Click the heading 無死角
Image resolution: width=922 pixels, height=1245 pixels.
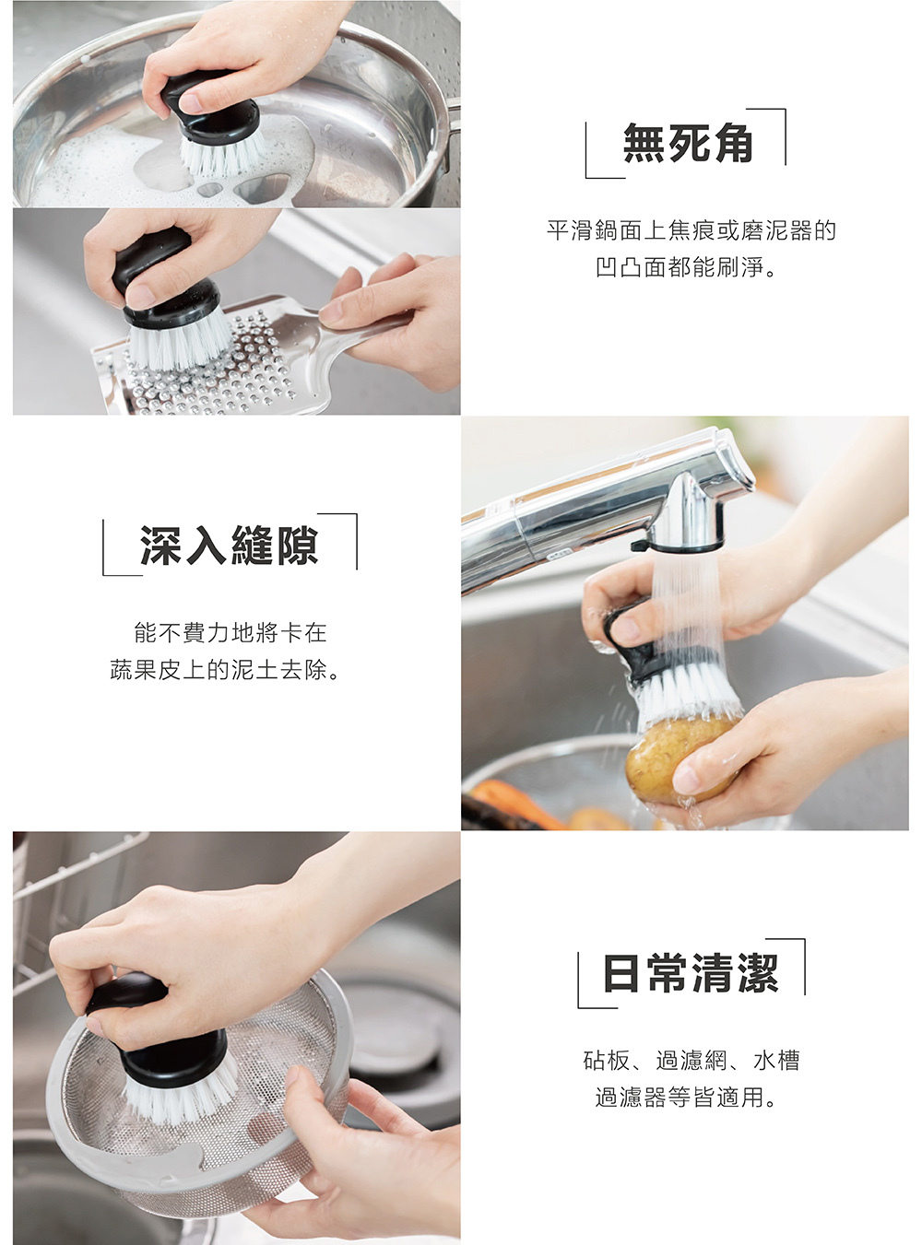pos(688,143)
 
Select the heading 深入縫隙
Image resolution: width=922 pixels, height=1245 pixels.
pos(229,545)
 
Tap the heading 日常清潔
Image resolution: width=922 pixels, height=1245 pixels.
pos(691,973)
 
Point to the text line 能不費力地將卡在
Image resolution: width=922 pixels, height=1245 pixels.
pos(230,632)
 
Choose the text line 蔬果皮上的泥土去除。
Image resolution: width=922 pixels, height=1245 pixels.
pos(226,670)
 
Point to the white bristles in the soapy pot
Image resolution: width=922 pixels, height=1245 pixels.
pos(221,152)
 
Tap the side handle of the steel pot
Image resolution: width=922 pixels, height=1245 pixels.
pos(452,129)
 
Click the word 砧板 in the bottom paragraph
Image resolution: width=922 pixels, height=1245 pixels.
pos(607,1061)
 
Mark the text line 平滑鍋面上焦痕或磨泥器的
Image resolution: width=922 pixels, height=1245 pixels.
pos(691,230)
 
